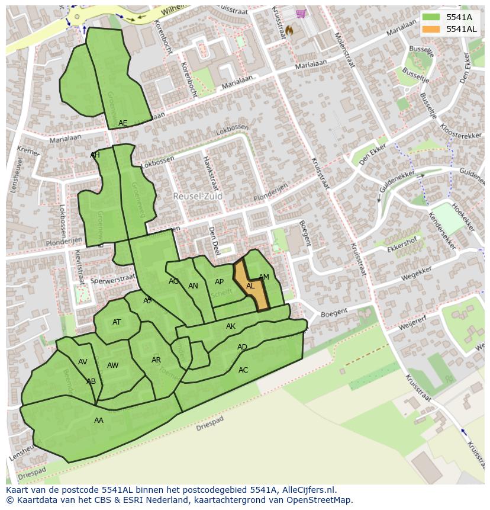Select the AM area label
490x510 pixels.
click(x=264, y=277)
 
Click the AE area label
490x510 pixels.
click(x=122, y=123)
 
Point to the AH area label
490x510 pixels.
click(x=95, y=155)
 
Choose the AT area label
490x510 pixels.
click(x=117, y=322)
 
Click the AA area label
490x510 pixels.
click(x=99, y=421)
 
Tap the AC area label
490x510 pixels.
click(x=243, y=370)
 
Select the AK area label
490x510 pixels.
click(x=231, y=326)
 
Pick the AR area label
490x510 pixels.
click(x=156, y=360)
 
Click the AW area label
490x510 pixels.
click(x=112, y=365)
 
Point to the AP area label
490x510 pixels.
click(x=220, y=282)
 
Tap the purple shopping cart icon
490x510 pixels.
click(x=301, y=13)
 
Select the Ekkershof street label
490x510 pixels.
click(x=402, y=245)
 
